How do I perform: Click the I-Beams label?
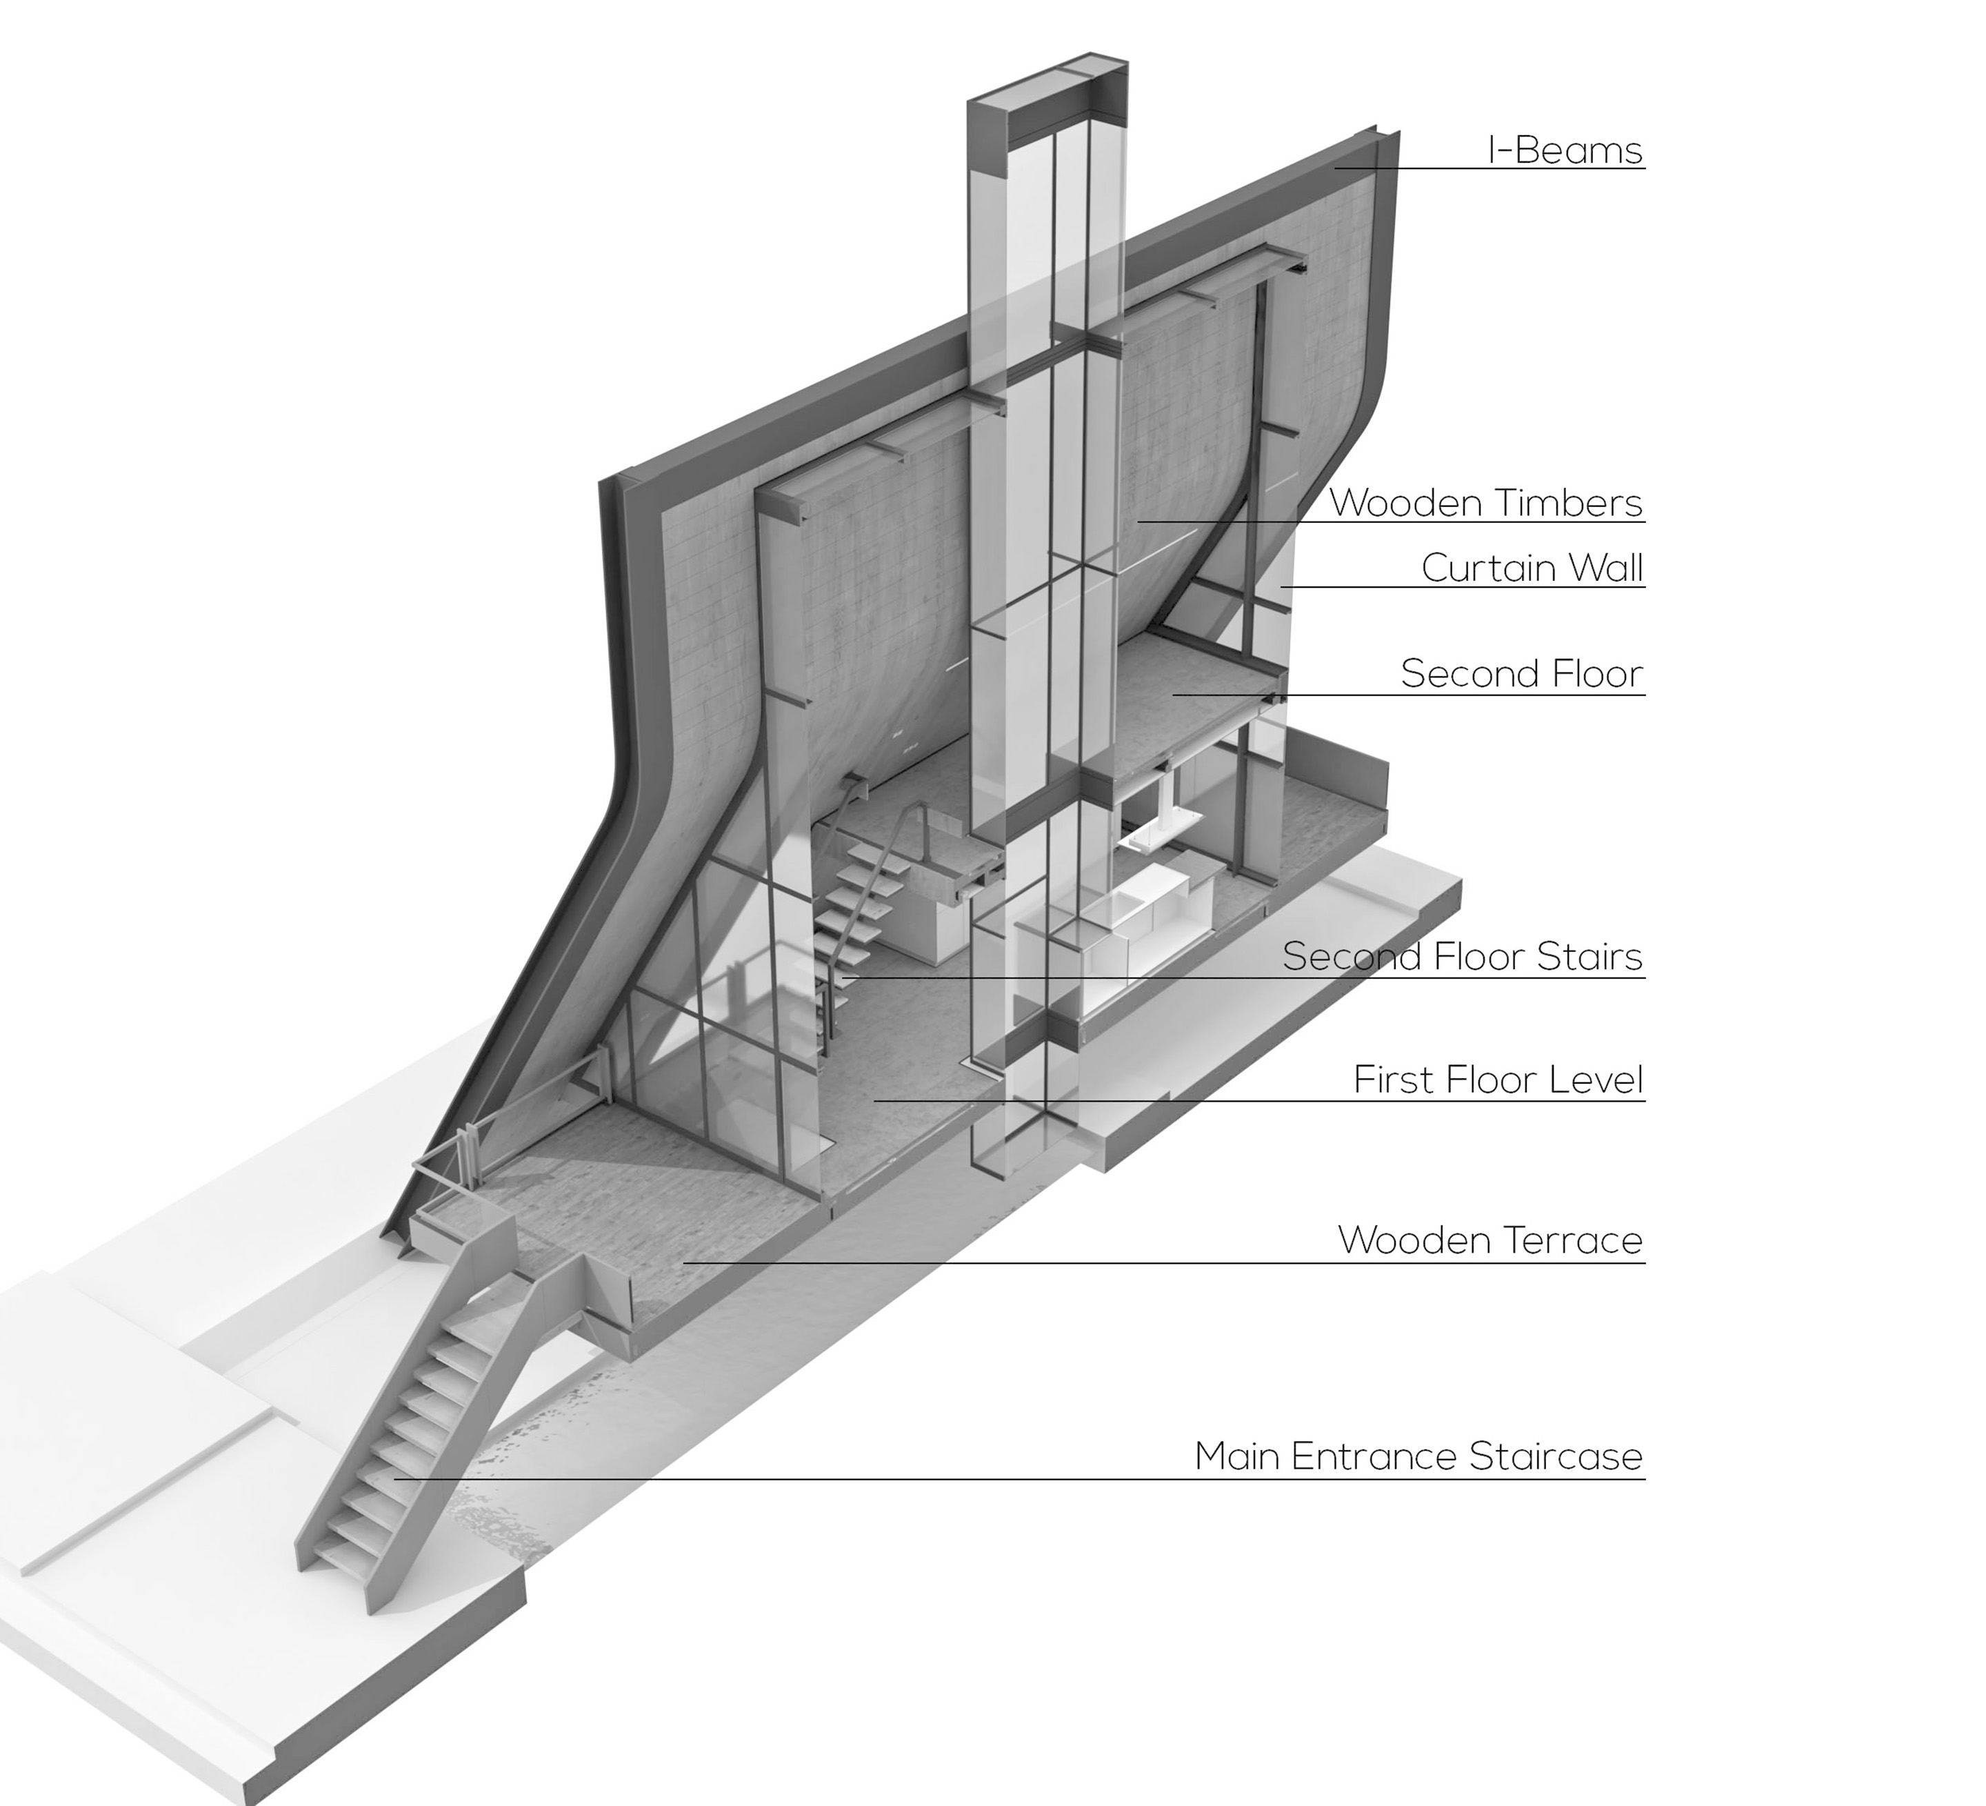[1565, 151]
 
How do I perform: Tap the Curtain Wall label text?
[1532, 568]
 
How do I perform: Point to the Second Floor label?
[1522, 674]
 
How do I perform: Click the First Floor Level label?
[1497, 1080]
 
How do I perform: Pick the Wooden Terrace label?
[1489, 1240]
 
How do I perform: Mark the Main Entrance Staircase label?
[1418, 1456]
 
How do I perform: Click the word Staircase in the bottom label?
[1556, 1456]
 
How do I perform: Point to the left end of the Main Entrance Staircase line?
[396, 1478]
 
